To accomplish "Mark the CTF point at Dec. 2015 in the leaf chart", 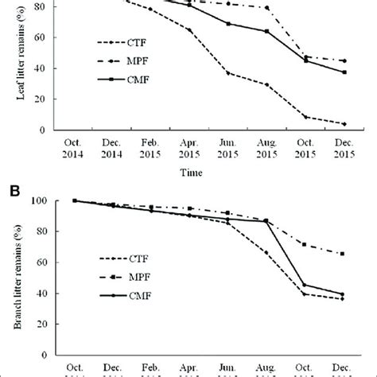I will point(343,123).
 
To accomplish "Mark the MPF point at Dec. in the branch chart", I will point(343,254).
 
